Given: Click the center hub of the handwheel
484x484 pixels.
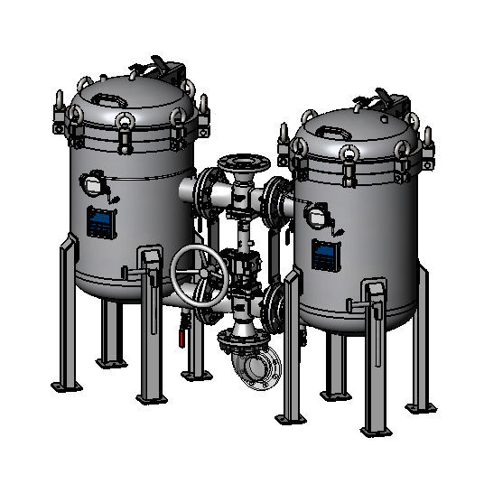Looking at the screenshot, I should click(x=201, y=275).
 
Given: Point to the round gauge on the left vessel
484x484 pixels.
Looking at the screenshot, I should click(x=93, y=183).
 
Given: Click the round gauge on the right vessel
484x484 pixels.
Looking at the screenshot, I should click(x=317, y=213).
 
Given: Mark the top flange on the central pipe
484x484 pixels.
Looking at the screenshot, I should click(x=242, y=163).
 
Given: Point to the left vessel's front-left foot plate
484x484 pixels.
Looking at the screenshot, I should click(x=65, y=386).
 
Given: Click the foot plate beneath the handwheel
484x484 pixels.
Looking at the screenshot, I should click(x=194, y=371).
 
